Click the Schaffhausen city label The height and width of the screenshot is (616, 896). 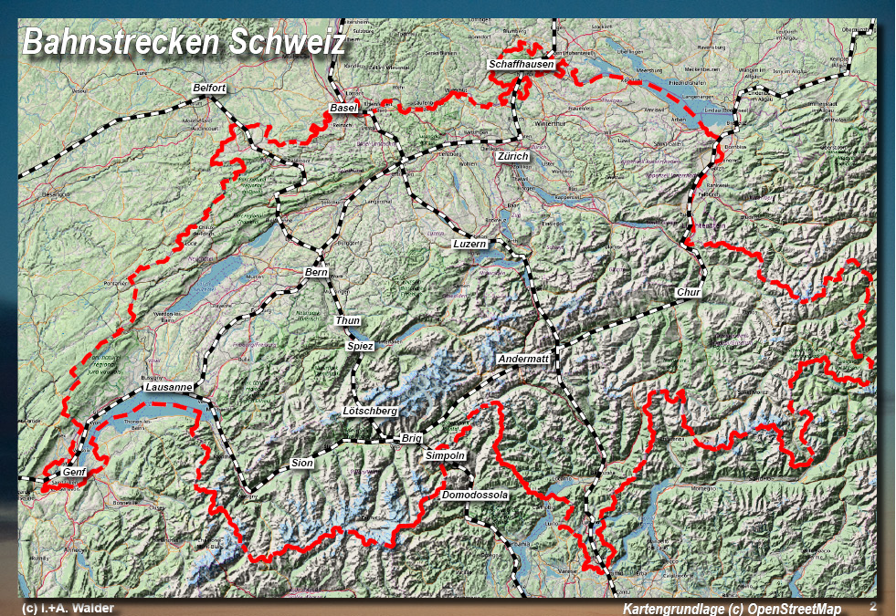[522, 66]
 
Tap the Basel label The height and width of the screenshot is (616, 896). [343, 109]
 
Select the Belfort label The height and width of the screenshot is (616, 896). [209, 88]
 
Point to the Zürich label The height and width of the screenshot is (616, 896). [512, 157]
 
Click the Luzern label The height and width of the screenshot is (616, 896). [470, 245]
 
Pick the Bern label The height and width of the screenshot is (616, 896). [316, 273]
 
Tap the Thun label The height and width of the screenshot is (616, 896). [348, 320]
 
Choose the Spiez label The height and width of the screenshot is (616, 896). [361, 347]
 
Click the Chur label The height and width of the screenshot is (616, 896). [689, 293]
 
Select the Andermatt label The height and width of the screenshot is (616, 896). [523, 360]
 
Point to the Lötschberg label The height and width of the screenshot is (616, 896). [370, 412]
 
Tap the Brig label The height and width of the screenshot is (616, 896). [412, 439]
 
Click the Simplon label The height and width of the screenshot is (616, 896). [446, 455]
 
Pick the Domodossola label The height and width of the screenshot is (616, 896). [473, 495]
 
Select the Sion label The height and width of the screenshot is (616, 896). [302, 464]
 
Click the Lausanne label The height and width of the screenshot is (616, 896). [169, 387]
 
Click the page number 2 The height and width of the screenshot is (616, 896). [872, 606]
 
